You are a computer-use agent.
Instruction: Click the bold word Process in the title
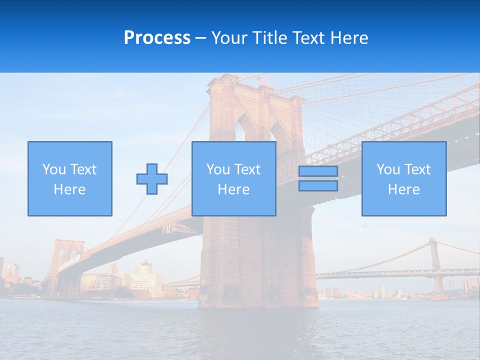pos(157,38)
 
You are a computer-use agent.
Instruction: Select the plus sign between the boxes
pos(152,179)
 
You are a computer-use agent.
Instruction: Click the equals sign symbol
pos(318,178)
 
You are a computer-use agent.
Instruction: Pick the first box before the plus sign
pos(69,178)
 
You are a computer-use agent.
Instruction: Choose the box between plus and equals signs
pos(233,178)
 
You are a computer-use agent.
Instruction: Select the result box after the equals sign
pos(403,178)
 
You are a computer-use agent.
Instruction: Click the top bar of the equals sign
pos(318,171)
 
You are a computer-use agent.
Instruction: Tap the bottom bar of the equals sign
pos(318,185)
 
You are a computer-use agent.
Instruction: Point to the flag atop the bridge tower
pos(261,80)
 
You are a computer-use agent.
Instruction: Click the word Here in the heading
pos(350,38)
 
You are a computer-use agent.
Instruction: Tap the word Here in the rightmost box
pos(403,189)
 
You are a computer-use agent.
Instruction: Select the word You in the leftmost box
pos(54,169)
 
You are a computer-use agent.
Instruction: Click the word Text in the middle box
pos(247,169)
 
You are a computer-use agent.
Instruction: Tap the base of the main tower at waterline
pos(257,300)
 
